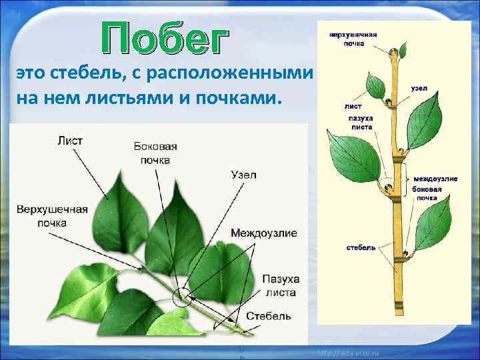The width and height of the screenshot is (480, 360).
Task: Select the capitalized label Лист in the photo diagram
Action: (70, 140)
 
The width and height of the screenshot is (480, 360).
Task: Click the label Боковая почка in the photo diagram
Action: (155, 153)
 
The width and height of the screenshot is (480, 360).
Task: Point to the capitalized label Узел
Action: (243, 175)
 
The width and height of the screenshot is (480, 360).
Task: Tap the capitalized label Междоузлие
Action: (264, 233)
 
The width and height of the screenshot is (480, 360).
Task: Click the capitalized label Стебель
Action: (269, 315)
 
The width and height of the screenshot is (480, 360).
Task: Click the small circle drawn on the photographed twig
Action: (180, 297)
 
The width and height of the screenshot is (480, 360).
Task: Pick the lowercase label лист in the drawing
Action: (353, 105)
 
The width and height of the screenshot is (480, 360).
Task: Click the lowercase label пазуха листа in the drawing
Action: (361, 122)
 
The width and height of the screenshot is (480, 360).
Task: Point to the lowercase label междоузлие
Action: (435, 179)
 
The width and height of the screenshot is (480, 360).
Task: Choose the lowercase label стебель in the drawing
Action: (361, 247)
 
